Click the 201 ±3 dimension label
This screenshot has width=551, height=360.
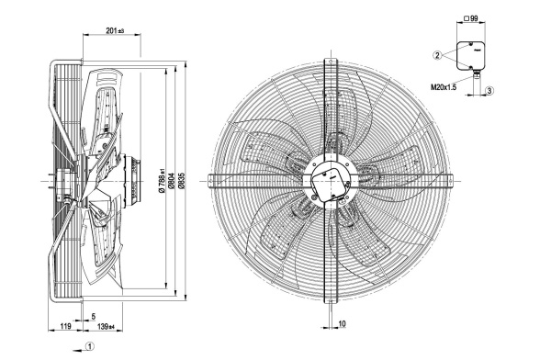115,30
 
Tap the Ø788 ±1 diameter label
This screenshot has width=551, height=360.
162,180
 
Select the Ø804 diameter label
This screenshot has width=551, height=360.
172,181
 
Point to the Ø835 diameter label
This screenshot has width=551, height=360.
181,181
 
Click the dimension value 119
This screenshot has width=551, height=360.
65,326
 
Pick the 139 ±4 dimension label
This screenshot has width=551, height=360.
106,327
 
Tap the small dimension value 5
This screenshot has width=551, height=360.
94,317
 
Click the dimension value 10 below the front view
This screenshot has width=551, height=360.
343,323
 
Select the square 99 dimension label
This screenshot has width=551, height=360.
471,18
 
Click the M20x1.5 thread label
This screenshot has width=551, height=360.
444,86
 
